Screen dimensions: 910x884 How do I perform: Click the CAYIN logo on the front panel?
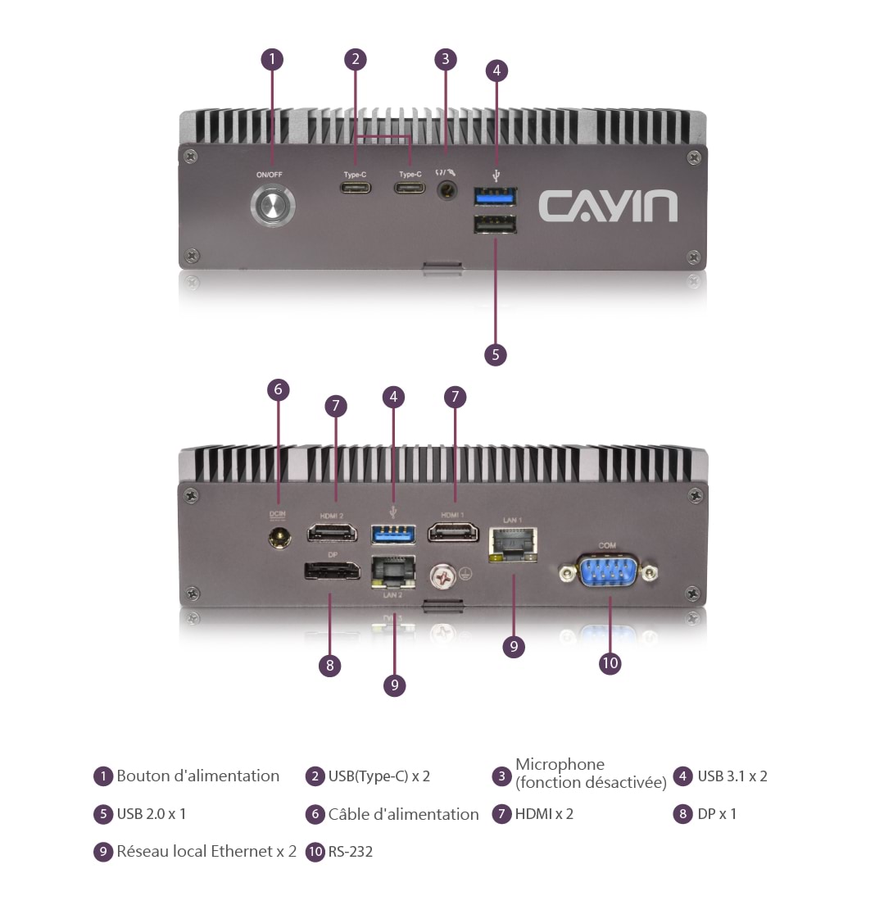tap(608, 206)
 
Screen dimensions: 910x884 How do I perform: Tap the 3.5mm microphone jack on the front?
tap(447, 191)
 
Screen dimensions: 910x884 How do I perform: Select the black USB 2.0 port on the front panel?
tap(495, 225)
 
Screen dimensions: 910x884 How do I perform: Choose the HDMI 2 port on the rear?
tap(332, 534)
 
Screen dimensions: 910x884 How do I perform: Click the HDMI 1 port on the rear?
tap(454, 534)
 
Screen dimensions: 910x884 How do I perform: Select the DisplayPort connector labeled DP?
tap(332, 571)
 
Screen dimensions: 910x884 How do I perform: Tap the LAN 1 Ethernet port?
tap(513, 544)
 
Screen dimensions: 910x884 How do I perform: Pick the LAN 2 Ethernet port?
tap(393, 571)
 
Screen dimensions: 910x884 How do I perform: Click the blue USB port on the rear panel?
tap(393, 534)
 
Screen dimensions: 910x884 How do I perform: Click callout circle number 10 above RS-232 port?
tap(610, 662)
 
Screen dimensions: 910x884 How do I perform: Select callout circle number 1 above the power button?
tap(272, 59)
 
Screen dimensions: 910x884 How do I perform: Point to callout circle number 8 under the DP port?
tap(329, 665)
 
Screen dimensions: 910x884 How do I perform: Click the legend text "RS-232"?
tap(351, 852)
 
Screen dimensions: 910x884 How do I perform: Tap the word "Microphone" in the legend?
tap(560, 765)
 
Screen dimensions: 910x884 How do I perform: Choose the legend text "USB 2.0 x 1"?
tap(152, 814)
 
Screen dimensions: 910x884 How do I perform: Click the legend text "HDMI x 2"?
tap(544, 814)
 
